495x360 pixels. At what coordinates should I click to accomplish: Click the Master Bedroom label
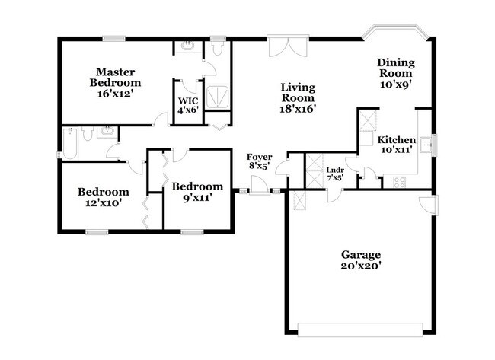tap(115, 77)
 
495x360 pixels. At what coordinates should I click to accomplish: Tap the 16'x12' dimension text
tap(115, 94)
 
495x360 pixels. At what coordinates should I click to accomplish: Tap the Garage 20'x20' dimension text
tap(361, 266)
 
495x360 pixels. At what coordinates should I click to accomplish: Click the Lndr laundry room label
tap(334, 170)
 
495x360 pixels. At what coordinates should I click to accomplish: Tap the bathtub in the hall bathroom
tap(69, 143)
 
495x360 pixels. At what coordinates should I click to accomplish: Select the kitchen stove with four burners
tap(399, 181)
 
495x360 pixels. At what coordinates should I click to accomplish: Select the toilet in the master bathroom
tap(217, 49)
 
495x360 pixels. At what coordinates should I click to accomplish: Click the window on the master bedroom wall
tap(114, 37)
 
